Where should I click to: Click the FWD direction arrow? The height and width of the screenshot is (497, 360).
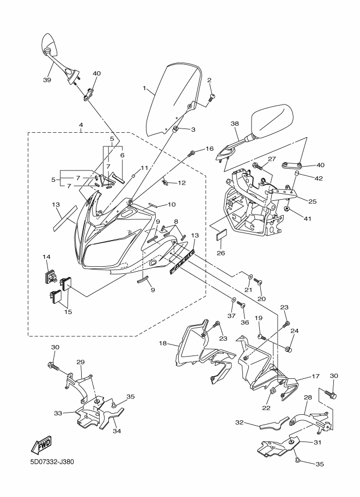(41, 446)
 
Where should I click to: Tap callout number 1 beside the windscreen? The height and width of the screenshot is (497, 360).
(145, 88)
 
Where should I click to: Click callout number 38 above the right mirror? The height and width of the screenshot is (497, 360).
(235, 124)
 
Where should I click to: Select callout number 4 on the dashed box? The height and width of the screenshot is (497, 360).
(81, 125)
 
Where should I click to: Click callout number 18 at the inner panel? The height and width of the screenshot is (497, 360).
(162, 343)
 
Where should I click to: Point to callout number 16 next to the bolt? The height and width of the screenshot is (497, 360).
(210, 149)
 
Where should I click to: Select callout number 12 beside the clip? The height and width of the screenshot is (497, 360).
(182, 183)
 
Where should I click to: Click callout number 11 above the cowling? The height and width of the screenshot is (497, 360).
(144, 168)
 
